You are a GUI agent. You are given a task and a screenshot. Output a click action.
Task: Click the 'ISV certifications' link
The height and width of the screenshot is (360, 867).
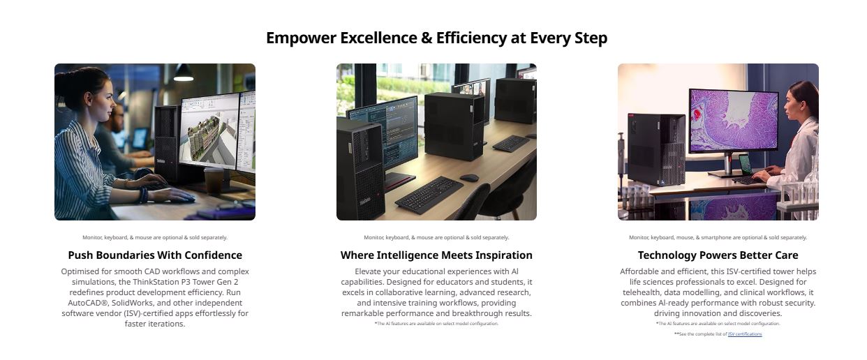745,333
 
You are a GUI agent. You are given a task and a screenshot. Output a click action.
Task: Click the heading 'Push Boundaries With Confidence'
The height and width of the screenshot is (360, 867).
155,255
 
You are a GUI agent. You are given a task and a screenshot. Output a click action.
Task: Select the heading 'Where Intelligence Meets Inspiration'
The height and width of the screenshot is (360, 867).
436,255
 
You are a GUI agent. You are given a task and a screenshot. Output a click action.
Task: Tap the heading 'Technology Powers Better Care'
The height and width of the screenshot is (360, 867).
718,255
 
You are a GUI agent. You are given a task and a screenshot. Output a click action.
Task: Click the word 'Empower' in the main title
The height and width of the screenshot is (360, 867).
301,38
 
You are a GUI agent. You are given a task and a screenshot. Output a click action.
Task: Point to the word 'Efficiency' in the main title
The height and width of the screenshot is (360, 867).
470,38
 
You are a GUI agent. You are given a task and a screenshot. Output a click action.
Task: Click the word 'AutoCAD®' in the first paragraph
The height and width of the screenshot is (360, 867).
87,303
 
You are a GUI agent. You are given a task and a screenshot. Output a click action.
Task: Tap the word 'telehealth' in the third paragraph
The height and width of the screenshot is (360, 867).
642,292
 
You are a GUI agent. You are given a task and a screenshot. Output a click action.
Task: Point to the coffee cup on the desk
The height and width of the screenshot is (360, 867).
214,180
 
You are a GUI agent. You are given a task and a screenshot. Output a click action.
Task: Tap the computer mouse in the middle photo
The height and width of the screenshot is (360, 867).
469,178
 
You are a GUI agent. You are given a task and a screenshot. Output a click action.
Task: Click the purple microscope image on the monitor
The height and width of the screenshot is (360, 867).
734,120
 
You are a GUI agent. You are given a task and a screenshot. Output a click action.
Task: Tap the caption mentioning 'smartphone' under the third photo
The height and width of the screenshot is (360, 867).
718,237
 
